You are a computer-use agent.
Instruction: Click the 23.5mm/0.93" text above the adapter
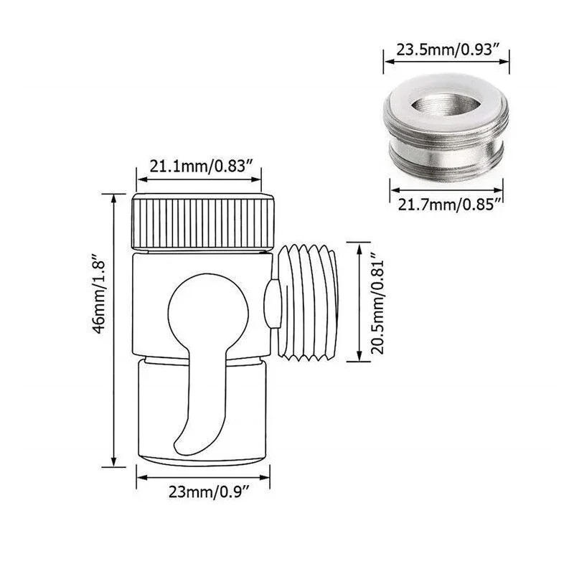click(449, 51)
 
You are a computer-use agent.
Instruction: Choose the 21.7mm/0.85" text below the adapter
click(449, 206)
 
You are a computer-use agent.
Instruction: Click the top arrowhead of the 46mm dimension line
click(113, 195)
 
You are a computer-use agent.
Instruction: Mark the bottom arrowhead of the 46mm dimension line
click(113, 464)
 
